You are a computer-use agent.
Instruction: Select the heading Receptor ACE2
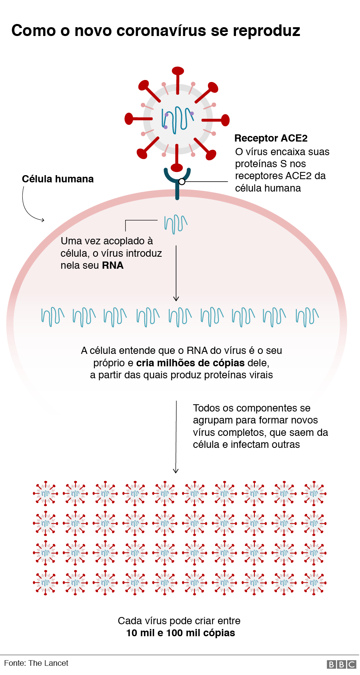click(271, 138)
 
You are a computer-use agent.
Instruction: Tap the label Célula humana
click(58, 179)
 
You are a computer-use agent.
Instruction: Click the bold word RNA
click(113, 266)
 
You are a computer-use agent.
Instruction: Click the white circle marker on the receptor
click(182, 182)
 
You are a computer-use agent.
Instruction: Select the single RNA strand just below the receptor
click(176, 224)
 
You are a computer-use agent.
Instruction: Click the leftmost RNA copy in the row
click(52, 317)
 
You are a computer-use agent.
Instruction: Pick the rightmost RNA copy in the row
click(307, 317)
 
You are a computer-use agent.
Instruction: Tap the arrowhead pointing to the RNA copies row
click(176, 298)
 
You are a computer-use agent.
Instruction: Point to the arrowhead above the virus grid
click(176, 471)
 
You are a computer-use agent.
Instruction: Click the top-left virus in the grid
click(46, 493)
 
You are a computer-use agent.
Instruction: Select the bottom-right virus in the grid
click(314, 583)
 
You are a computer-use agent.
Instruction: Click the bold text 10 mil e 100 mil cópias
click(180, 633)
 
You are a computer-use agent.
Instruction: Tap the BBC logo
click(341, 664)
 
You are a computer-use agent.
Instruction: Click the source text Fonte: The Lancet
click(36, 663)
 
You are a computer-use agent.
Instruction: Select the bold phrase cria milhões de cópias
click(190, 363)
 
